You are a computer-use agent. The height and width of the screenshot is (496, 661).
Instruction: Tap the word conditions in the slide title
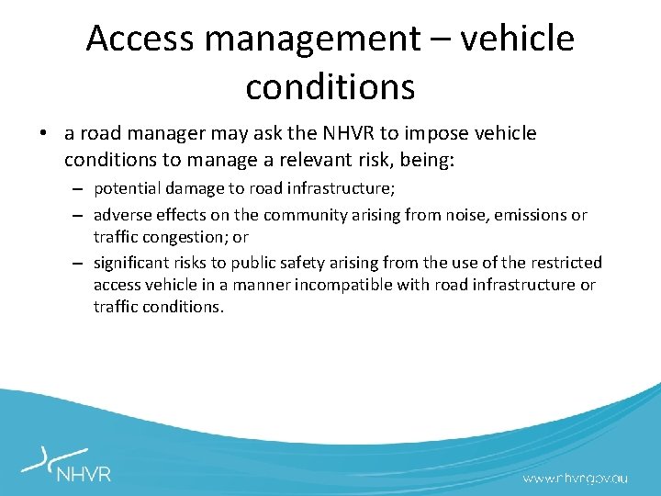point(330,86)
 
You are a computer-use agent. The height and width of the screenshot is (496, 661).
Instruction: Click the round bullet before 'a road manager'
point(44,134)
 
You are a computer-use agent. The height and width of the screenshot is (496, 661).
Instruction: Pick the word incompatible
point(342,285)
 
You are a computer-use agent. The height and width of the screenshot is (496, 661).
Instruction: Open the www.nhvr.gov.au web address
point(576,478)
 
